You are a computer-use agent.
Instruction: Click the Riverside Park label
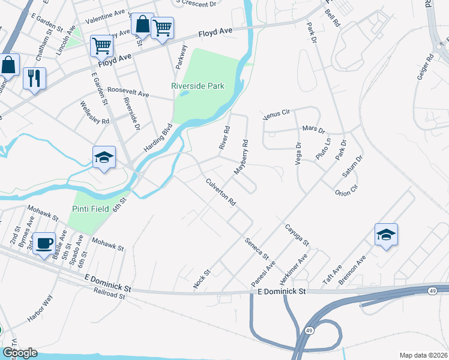[x=197, y=86]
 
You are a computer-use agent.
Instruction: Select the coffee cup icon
[x=44, y=244]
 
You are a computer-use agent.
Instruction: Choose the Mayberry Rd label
[x=241, y=157]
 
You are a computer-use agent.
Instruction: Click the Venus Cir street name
[x=277, y=113]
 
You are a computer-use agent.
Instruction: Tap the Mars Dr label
[x=313, y=130]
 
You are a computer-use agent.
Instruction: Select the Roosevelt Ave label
[x=128, y=94]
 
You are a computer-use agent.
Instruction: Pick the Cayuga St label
[x=297, y=235]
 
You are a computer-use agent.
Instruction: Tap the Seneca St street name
[x=256, y=248]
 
